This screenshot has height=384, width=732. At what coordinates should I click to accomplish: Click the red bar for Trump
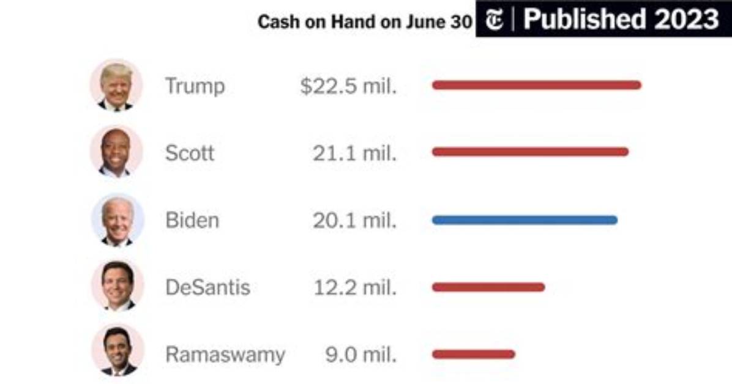(x=537, y=85)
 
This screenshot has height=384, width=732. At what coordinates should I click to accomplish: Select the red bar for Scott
(x=530, y=152)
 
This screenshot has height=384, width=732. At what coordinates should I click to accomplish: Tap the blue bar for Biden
(x=525, y=220)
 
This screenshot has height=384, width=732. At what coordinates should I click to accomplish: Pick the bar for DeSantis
(x=488, y=287)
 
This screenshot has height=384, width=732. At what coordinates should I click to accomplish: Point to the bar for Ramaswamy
(x=473, y=354)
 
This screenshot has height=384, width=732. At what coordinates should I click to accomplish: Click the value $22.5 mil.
(x=348, y=86)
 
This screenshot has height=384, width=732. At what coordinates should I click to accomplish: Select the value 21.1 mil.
(x=355, y=153)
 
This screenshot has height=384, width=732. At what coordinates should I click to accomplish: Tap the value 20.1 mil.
(x=355, y=220)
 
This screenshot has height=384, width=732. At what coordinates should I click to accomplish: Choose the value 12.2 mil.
(x=355, y=287)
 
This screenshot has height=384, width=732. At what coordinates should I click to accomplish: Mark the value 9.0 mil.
(x=361, y=355)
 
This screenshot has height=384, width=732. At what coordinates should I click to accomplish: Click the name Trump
(x=195, y=86)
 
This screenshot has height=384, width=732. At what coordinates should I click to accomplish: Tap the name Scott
(x=190, y=153)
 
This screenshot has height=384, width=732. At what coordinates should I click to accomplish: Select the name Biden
(x=192, y=220)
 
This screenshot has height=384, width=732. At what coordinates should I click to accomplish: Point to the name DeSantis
(x=207, y=287)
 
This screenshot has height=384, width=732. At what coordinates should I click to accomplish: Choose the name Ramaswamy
(x=225, y=355)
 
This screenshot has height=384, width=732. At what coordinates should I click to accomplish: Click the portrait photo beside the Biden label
(x=117, y=220)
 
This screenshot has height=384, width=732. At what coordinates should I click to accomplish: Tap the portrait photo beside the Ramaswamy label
(x=117, y=350)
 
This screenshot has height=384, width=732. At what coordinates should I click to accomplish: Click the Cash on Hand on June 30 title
(x=365, y=22)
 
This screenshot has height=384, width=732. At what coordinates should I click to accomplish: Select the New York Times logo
(x=495, y=20)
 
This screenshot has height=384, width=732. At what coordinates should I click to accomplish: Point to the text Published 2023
(x=621, y=19)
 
